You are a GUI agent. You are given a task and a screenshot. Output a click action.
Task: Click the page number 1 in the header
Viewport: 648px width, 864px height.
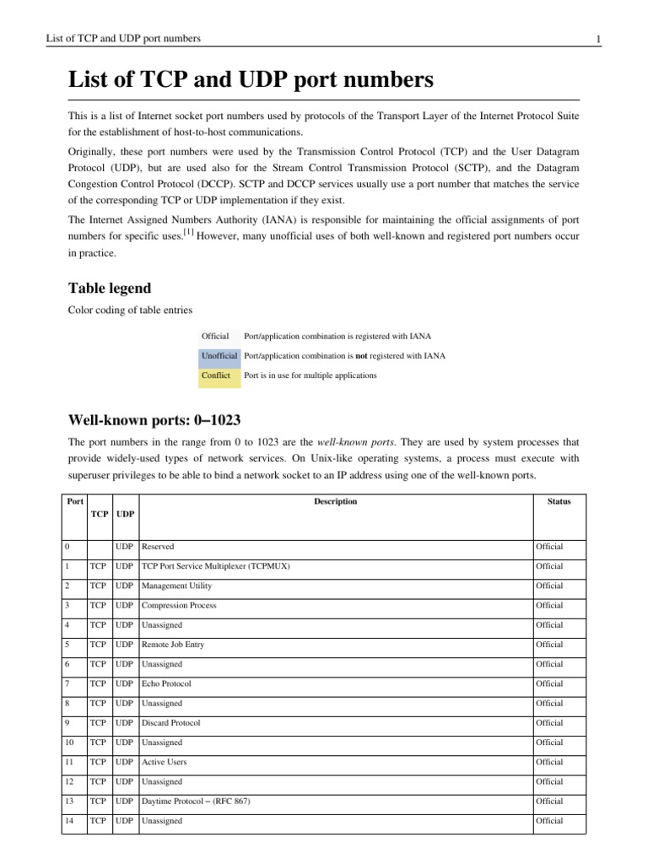(x=597, y=39)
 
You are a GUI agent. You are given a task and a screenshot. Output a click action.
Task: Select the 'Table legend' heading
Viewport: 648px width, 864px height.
(x=110, y=288)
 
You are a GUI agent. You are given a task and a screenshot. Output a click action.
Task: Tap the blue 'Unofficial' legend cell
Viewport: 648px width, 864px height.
(x=219, y=356)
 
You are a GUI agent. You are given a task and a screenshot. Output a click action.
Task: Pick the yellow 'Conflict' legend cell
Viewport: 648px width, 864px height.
(x=216, y=375)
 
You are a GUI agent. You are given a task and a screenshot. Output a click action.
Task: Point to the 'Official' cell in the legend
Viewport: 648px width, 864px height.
(x=216, y=337)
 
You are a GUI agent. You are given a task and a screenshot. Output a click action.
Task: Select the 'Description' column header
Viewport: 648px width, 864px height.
(x=335, y=501)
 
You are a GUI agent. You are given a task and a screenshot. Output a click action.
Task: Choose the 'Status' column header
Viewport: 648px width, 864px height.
(x=559, y=501)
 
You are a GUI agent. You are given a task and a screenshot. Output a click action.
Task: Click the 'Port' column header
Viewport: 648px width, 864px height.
(x=74, y=501)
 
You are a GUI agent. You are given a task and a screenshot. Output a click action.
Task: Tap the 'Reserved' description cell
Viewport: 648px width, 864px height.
(x=159, y=547)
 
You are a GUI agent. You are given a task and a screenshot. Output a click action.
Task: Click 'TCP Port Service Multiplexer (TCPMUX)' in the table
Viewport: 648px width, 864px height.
(x=215, y=566)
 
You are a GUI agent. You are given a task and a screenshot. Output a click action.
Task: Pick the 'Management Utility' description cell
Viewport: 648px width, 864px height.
(x=177, y=586)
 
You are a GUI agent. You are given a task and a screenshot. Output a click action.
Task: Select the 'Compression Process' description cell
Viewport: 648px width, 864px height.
(x=179, y=605)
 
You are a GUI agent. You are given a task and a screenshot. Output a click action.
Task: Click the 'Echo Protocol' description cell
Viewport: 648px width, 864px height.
(x=166, y=683)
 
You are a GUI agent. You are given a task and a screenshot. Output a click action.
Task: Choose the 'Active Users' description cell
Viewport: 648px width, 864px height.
(x=165, y=762)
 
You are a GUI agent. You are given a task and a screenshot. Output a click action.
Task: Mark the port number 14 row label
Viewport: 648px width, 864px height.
(x=69, y=820)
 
